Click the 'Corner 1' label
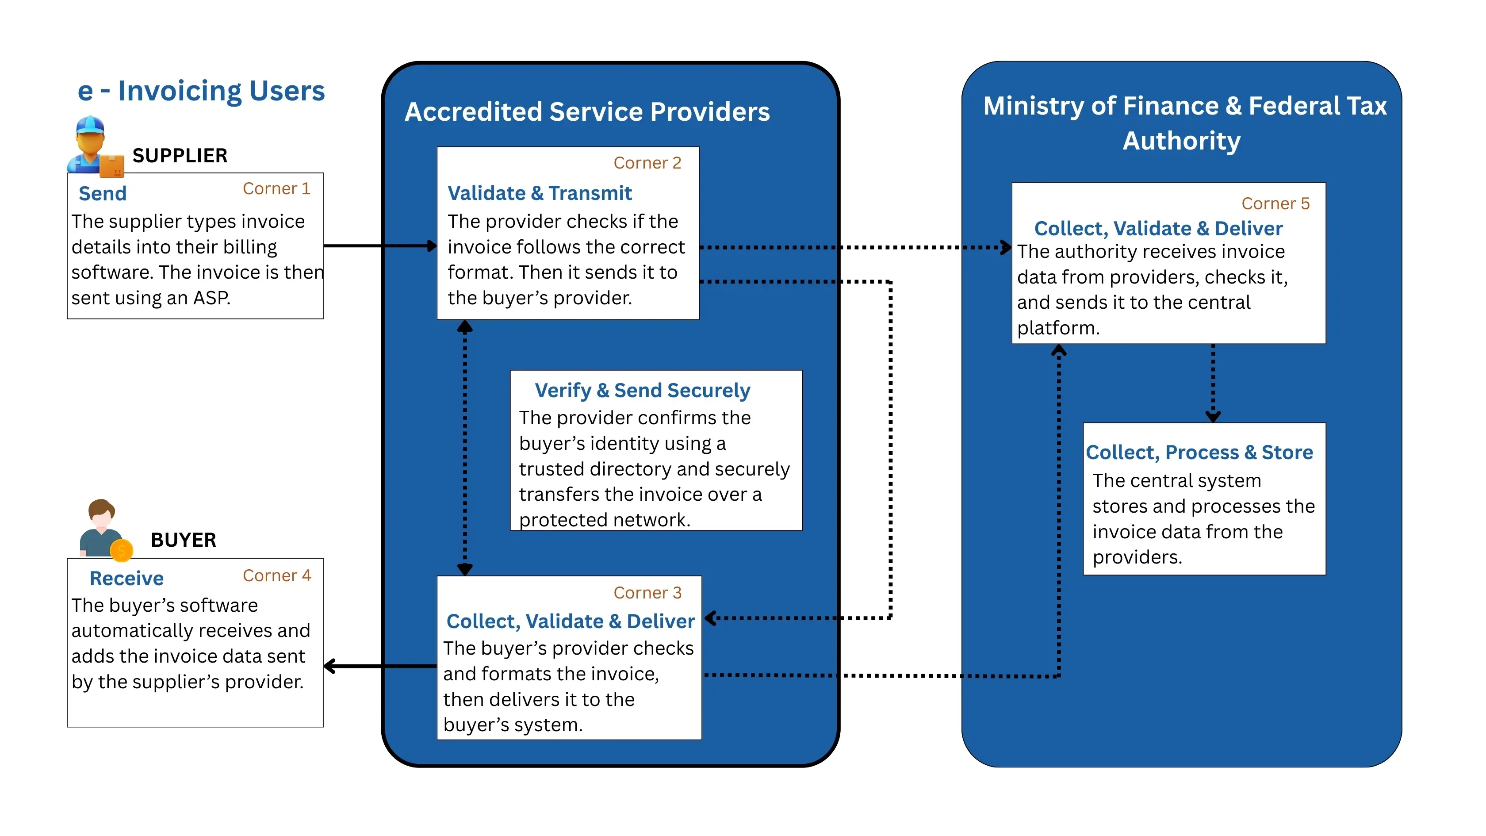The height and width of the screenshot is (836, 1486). (276, 189)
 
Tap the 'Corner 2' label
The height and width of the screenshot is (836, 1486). (647, 163)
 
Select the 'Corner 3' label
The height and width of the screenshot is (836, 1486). (647, 593)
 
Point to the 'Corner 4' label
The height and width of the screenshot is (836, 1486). (276, 575)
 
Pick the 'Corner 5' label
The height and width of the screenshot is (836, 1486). (1275, 203)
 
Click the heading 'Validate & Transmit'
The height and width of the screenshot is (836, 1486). (540, 193)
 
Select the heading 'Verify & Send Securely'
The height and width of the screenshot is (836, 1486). (642, 390)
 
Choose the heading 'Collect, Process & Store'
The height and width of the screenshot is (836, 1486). (1199, 453)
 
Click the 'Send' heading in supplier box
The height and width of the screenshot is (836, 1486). (103, 193)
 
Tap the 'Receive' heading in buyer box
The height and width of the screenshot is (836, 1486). (126, 578)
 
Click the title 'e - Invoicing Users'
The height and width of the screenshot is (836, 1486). (201, 91)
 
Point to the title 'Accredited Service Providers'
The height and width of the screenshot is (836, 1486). (587, 111)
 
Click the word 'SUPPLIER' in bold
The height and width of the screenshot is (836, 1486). (180, 155)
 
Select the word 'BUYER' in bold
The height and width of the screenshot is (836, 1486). (184, 540)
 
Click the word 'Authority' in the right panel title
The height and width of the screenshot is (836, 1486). (1181, 141)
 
